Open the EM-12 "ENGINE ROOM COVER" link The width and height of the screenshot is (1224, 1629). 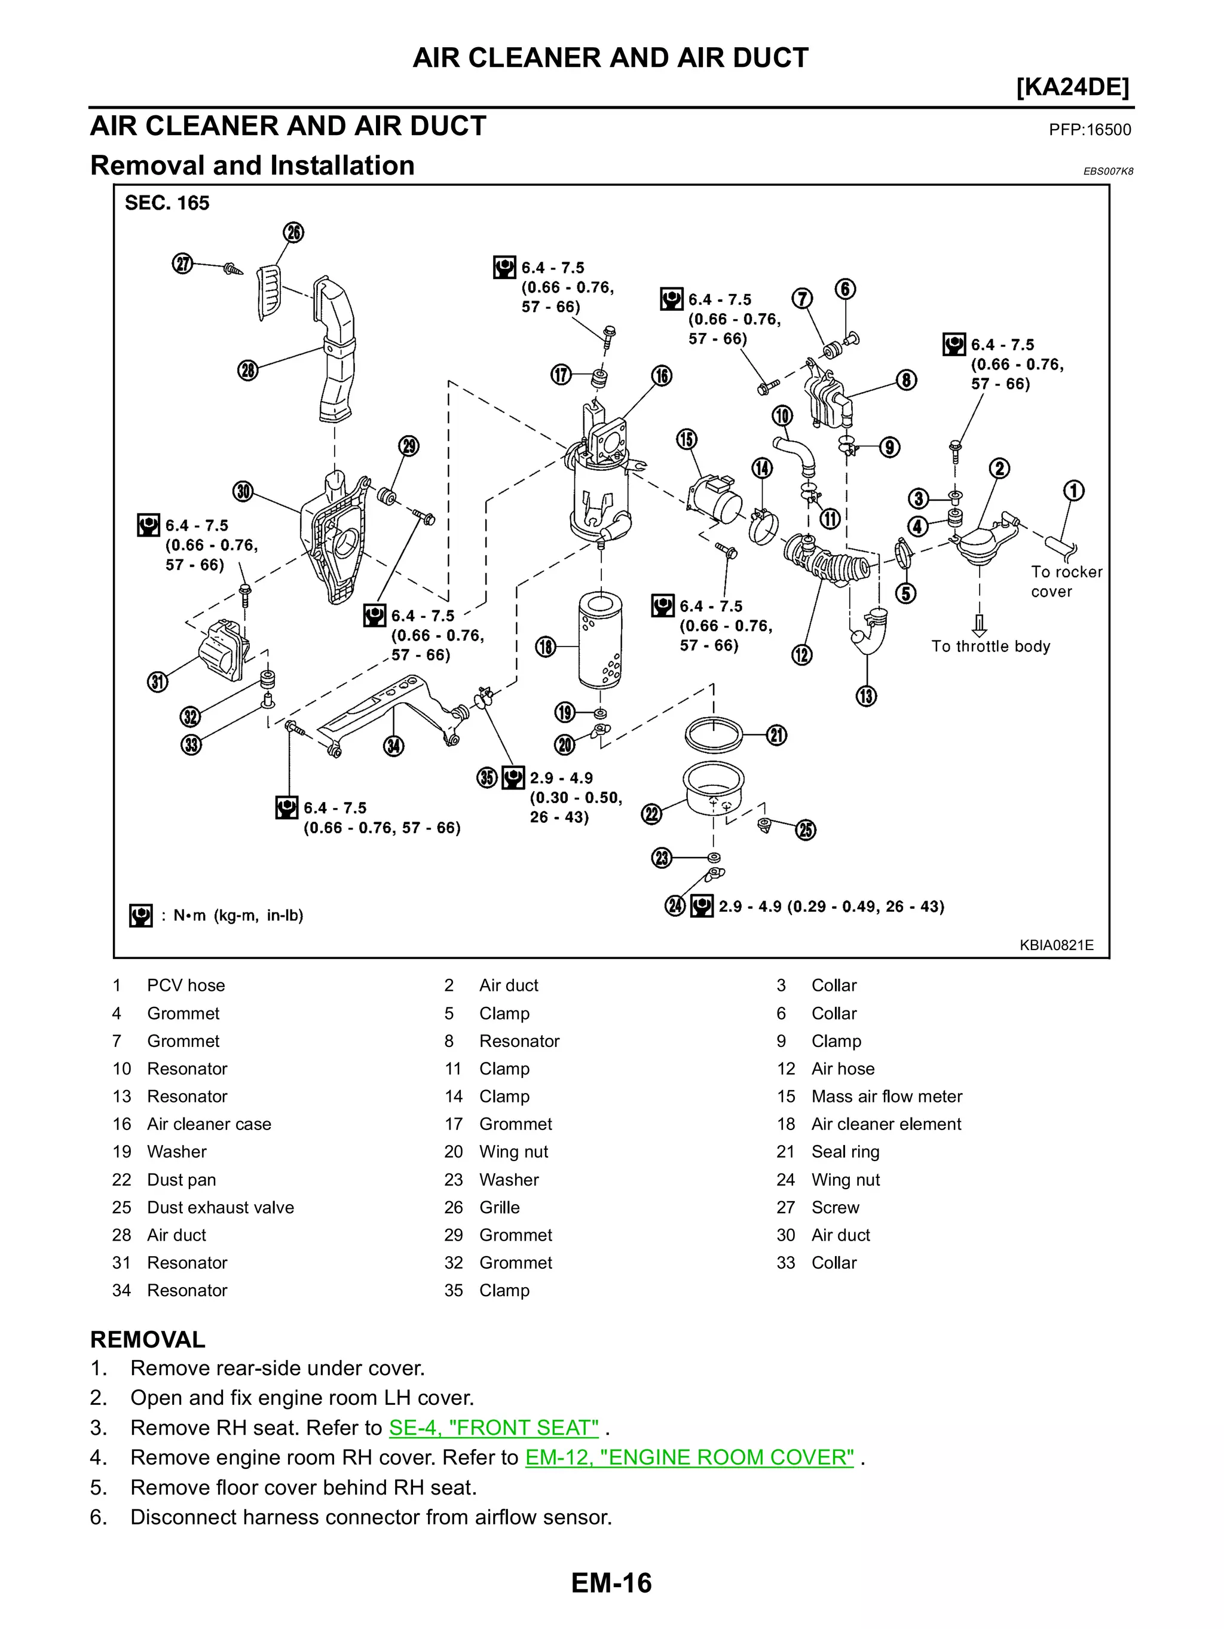coord(689,1457)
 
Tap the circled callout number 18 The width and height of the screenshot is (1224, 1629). coord(545,647)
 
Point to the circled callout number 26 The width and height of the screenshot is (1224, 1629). coord(294,232)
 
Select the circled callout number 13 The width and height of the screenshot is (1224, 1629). coord(866,696)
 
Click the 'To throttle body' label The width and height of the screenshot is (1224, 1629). coord(990,647)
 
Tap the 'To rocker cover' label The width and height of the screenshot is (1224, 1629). coord(1066,582)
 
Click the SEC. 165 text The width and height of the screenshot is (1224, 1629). coord(167,203)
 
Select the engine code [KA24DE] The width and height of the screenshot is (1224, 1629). coord(1072,88)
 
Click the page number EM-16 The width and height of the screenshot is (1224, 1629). coord(611,1582)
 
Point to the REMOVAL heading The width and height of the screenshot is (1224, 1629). coord(147,1340)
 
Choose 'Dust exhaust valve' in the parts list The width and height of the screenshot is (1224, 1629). coord(220,1208)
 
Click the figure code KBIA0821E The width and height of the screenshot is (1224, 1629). coord(1056,945)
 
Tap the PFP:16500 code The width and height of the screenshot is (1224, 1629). coord(1090,130)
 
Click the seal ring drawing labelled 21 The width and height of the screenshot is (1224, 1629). coord(713,734)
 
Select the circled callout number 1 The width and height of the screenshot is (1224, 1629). coord(1074,491)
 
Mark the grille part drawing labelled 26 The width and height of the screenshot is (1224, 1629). coord(269,292)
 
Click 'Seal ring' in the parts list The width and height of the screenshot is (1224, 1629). coord(844,1152)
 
